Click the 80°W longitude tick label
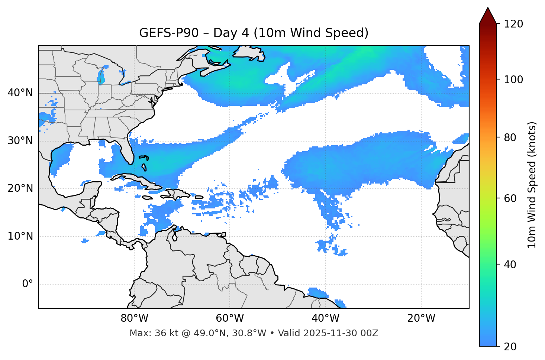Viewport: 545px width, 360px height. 134,318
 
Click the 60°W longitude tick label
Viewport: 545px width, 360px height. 230,318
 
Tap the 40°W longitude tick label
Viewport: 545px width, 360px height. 326,318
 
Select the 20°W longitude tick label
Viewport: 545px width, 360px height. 421,318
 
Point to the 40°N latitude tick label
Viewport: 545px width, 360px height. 20,93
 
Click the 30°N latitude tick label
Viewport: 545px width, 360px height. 20,141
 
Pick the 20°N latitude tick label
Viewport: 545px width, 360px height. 20,188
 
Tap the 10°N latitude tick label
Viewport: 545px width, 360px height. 20,236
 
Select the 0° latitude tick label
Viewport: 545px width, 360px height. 28,284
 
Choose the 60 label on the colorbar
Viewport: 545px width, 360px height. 510,198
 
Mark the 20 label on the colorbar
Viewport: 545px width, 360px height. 510,347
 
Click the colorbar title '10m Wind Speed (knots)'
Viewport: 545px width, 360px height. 532,185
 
